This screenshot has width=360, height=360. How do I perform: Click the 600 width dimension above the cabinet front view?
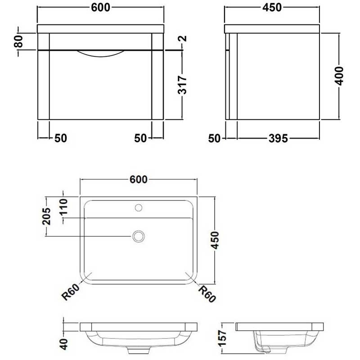point(101,8)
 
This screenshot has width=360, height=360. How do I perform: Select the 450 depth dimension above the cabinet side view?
point(272,8)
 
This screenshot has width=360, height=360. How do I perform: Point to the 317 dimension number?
point(182,84)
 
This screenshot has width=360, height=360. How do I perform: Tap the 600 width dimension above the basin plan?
point(139,179)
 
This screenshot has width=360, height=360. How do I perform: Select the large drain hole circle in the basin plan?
point(139,236)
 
